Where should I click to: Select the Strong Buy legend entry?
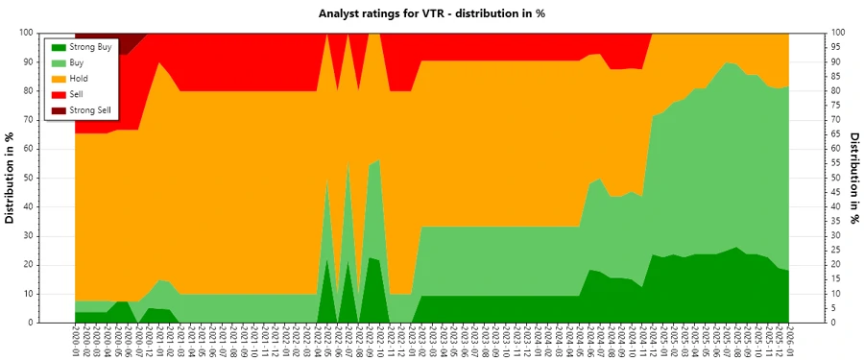click(91, 46)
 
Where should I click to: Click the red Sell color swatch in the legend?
click(58, 94)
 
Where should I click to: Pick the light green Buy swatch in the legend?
click(58, 61)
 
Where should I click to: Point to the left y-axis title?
click(11, 178)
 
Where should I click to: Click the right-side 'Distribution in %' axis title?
click(854, 178)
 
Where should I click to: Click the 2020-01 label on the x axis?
click(75, 341)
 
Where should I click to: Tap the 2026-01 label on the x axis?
click(789, 341)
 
